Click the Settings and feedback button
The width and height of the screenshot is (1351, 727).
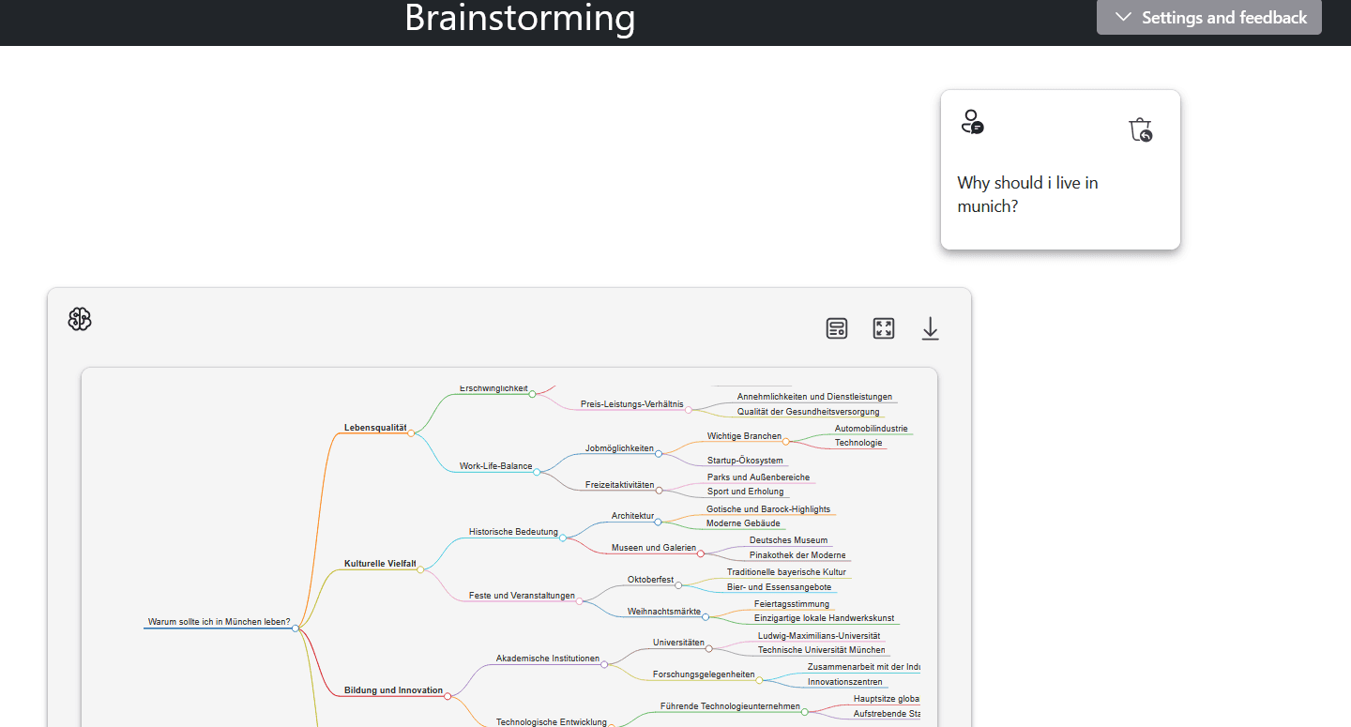point(1209,18)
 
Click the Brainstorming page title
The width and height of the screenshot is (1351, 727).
point(520,18)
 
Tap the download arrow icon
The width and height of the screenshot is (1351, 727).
point(930,328)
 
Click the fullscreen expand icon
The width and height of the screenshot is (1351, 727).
point(884,328)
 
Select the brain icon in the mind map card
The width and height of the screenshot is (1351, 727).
point(80,320)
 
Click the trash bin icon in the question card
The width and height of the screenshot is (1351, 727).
point(1140,129)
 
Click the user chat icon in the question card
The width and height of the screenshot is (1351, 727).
point(972,122)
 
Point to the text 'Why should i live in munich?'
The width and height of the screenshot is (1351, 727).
point(1027,194)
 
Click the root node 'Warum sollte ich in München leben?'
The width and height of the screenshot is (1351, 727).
point(219,622)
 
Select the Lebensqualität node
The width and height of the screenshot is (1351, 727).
point(374,428)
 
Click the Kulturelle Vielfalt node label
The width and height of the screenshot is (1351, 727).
point(379,564)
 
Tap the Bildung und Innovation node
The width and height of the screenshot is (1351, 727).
point(393,690)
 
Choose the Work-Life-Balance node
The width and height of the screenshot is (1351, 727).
point(495,466)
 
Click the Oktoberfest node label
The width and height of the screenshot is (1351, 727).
point(650,580)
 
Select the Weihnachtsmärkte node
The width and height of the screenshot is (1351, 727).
point(663,612)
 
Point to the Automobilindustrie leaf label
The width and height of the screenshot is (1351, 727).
point(871,429)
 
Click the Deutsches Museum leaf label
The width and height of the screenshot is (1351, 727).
point(788,540)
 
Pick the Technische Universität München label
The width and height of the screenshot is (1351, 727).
point(821,650)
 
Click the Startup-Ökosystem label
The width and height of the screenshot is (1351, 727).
point(745,461)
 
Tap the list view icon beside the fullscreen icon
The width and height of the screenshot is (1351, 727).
point(837,328)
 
